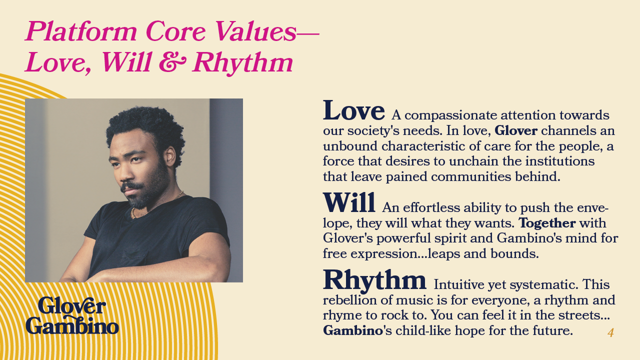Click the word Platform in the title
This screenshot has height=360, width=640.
pos(81,31)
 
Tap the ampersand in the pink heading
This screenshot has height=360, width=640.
pos(172,62)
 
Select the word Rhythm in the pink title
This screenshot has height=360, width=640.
pos(243,63)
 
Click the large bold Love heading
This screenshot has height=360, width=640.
pos(353,110)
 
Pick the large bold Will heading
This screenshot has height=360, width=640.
pos(349,202)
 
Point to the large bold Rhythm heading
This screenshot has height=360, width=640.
pos(374,280)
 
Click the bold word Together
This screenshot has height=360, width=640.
pos(547,223)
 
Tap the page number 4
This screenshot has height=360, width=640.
pos(610,332)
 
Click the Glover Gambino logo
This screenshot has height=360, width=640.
pos(72,315)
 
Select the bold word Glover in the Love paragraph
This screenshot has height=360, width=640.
pos(516,130)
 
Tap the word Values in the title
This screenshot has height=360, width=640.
pos(255,31)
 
